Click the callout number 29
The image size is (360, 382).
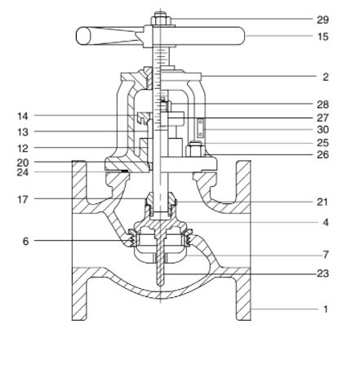coord(322,20)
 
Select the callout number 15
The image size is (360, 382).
coord(323,37)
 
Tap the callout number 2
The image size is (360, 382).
coord(326,77)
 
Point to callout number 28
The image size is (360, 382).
coord(322,104)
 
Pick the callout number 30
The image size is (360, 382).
coord(322,130)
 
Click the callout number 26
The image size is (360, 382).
coord(322,154)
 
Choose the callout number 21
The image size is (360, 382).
coord(322,202)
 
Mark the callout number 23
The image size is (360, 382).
coord(322,273)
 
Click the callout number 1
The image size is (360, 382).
coord(325,309)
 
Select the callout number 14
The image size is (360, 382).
coord(23,116)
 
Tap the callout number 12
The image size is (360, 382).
coord(23,149)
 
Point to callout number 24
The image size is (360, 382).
coord(23,172)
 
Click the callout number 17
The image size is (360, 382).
coord(23,199)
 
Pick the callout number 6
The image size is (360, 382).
coord(25,241)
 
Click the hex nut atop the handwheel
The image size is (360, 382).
coord(161,19)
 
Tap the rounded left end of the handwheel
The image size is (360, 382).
coord(82,36)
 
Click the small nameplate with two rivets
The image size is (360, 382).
coord(201,128)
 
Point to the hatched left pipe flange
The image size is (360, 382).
coord(79,240)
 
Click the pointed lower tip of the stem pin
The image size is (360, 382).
coord(161,285)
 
